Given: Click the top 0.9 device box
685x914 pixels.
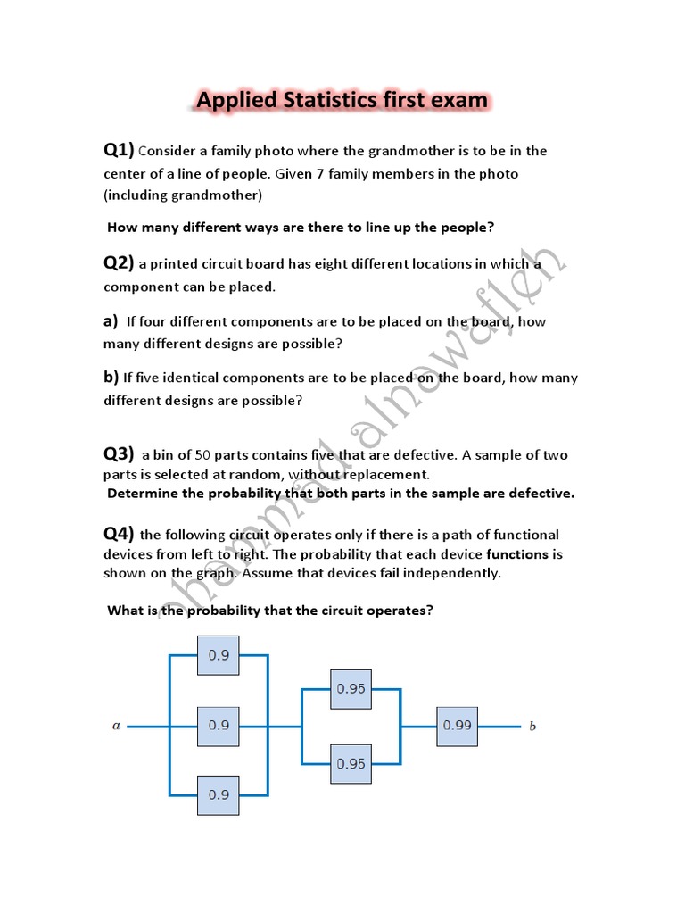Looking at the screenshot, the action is point(219,654).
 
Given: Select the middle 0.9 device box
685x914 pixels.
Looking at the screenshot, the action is point(219,726).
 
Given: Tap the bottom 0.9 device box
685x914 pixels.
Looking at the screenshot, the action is point(219,794).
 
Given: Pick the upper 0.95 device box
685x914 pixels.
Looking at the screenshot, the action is point(351,688).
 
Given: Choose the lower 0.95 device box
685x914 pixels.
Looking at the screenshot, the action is point(351,763).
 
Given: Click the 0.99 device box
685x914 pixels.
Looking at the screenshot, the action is point(457,726).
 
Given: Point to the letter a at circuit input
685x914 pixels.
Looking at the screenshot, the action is point(116,727).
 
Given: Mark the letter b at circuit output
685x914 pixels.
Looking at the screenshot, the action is point(532,727).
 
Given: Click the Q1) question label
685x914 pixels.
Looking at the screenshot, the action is point(119,149).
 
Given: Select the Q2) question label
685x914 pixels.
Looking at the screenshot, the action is point(119,262).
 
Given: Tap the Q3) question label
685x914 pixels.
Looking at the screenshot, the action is point(119,453).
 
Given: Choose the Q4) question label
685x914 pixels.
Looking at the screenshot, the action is point(119,534).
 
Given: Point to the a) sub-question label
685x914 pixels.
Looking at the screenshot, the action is point(111,320).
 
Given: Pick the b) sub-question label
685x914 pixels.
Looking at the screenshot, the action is point(111,377).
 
